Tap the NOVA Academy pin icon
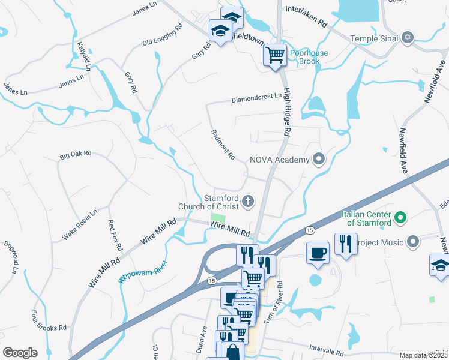coord(319,160)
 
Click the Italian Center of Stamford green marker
coord(397,218)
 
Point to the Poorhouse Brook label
coord(309,57)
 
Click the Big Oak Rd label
coord(75,155)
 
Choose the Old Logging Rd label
coord(162,35)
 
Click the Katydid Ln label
coord(83,56)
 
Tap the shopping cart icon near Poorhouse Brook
coord(275,55)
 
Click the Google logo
coord(20,353)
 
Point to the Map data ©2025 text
coord(424,355)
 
